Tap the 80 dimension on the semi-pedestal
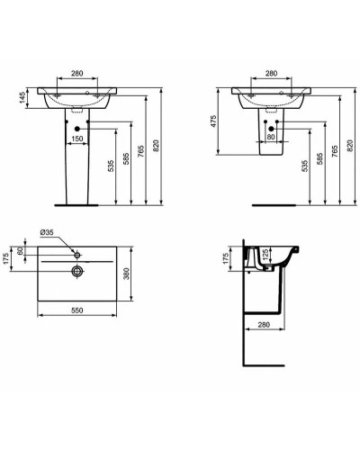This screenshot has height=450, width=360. pyautogui.click(x=271, y=139)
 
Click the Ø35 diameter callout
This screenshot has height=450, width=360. pyautogui.click(x=49, y=234)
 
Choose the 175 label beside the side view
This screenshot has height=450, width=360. pyautogui.click(x=227, y=259)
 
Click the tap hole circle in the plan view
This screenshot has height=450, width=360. pyautogui.click(x=78, y=256)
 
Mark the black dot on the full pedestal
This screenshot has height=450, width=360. pyautogui.click(x=77, y=130)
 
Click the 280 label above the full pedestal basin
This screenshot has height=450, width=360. pyautogui.click(x=78, y=73)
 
